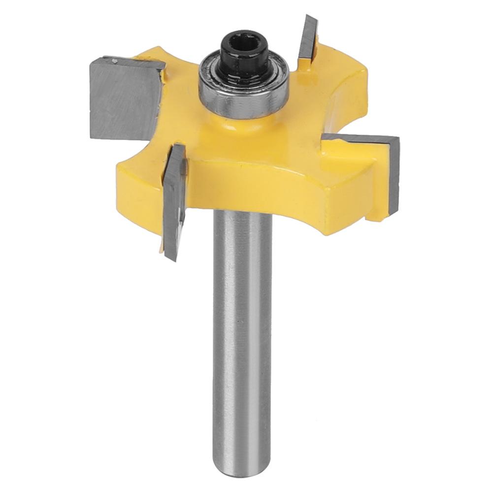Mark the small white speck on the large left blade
114,62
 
